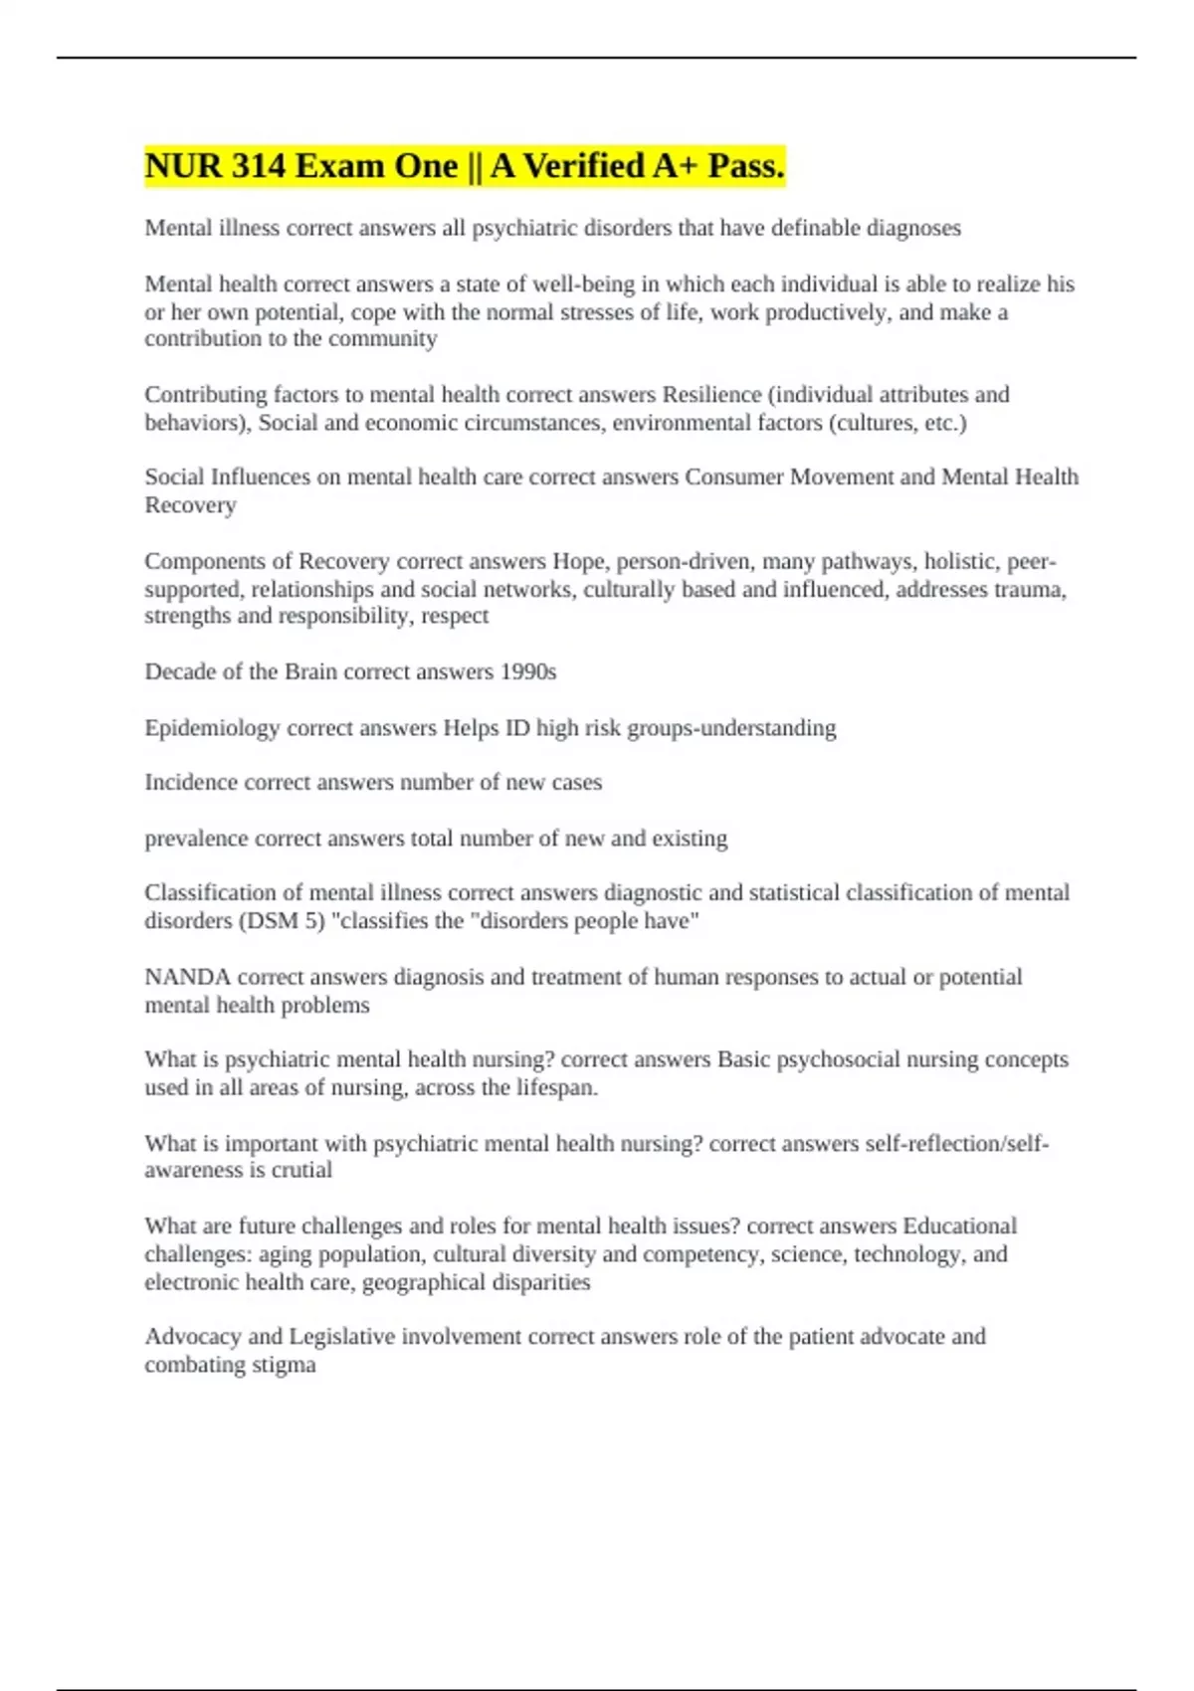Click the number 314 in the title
click(x=259, y=166)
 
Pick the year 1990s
click(x=528, y=672)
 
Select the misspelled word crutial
click(x=301, y=1170)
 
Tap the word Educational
click(x=959, y=1225)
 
